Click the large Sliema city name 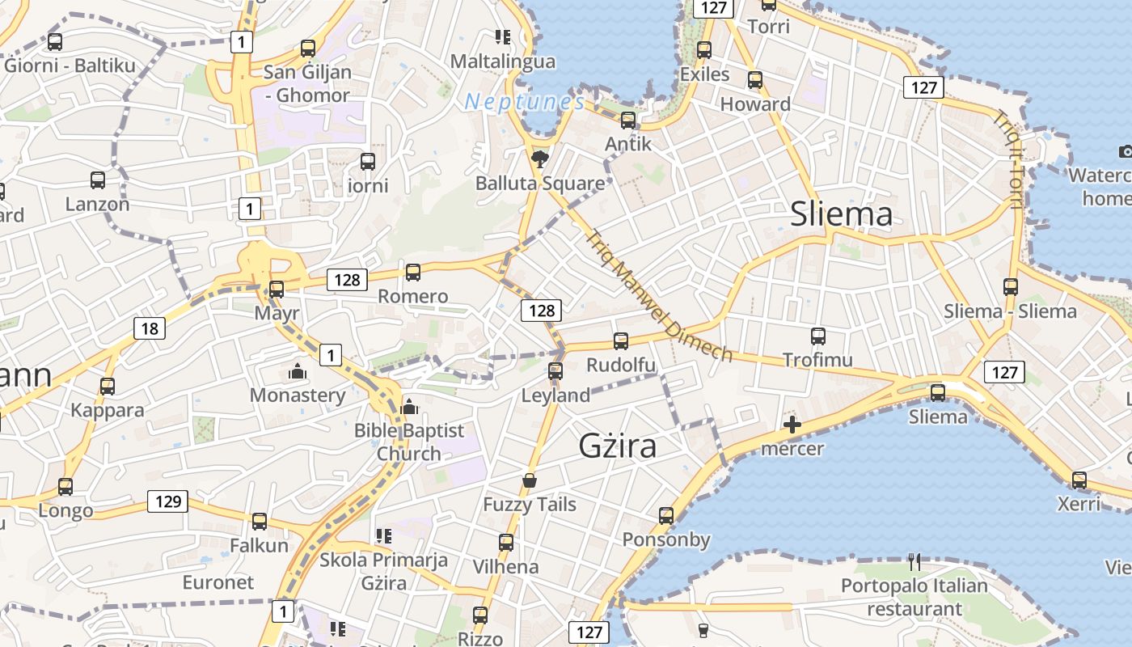pyautogui.click(x=841, y=214)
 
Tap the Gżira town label pyautogui.click(x=618, y=446)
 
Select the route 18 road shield pyautogui.click(x=150, y=328)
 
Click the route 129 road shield pyautogui.click(x=168, y=501)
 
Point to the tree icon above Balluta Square pyautogui.click(x=539, y=158)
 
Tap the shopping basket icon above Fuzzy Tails pyautogui.click(x=530, y=480)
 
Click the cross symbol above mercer pyautogui.click(x=792, y=425)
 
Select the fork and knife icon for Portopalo pyautogui.click(x=914, y=561)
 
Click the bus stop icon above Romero pyautogui.click(x=413, y=273)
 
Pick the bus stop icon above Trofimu pyautogui.click(x=817, y=336)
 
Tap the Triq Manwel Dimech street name pyautogui.click(x=658, y=296)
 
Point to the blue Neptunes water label pyautogui.click(x=525, y=102)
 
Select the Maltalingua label pyautogui.click(x=503, y=61)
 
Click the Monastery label pyautogui.click(x=298, y=395)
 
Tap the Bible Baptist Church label pyautogui.click(x=409, y=442)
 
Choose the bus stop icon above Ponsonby pyautogui.click(x=665, y=516)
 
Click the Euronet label pyautogui.click(x=218, y=582)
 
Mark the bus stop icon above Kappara pyautogui.click(x=108, y=387)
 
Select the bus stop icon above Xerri pyautogui.click(x=1079, y=480)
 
